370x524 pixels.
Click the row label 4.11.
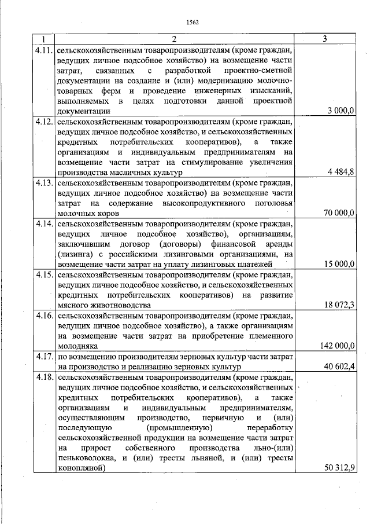[x=45, y=50]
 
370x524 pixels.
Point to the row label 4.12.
[x=45, y=122]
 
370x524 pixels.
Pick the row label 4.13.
[x=45, y=183]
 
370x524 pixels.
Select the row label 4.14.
[x=45, y=223]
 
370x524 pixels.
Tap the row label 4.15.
[x=45, y=274]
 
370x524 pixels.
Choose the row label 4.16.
[x=45, y=316]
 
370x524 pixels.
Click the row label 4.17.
[x=45, y=357]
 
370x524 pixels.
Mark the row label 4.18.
[x=45, y=378]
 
